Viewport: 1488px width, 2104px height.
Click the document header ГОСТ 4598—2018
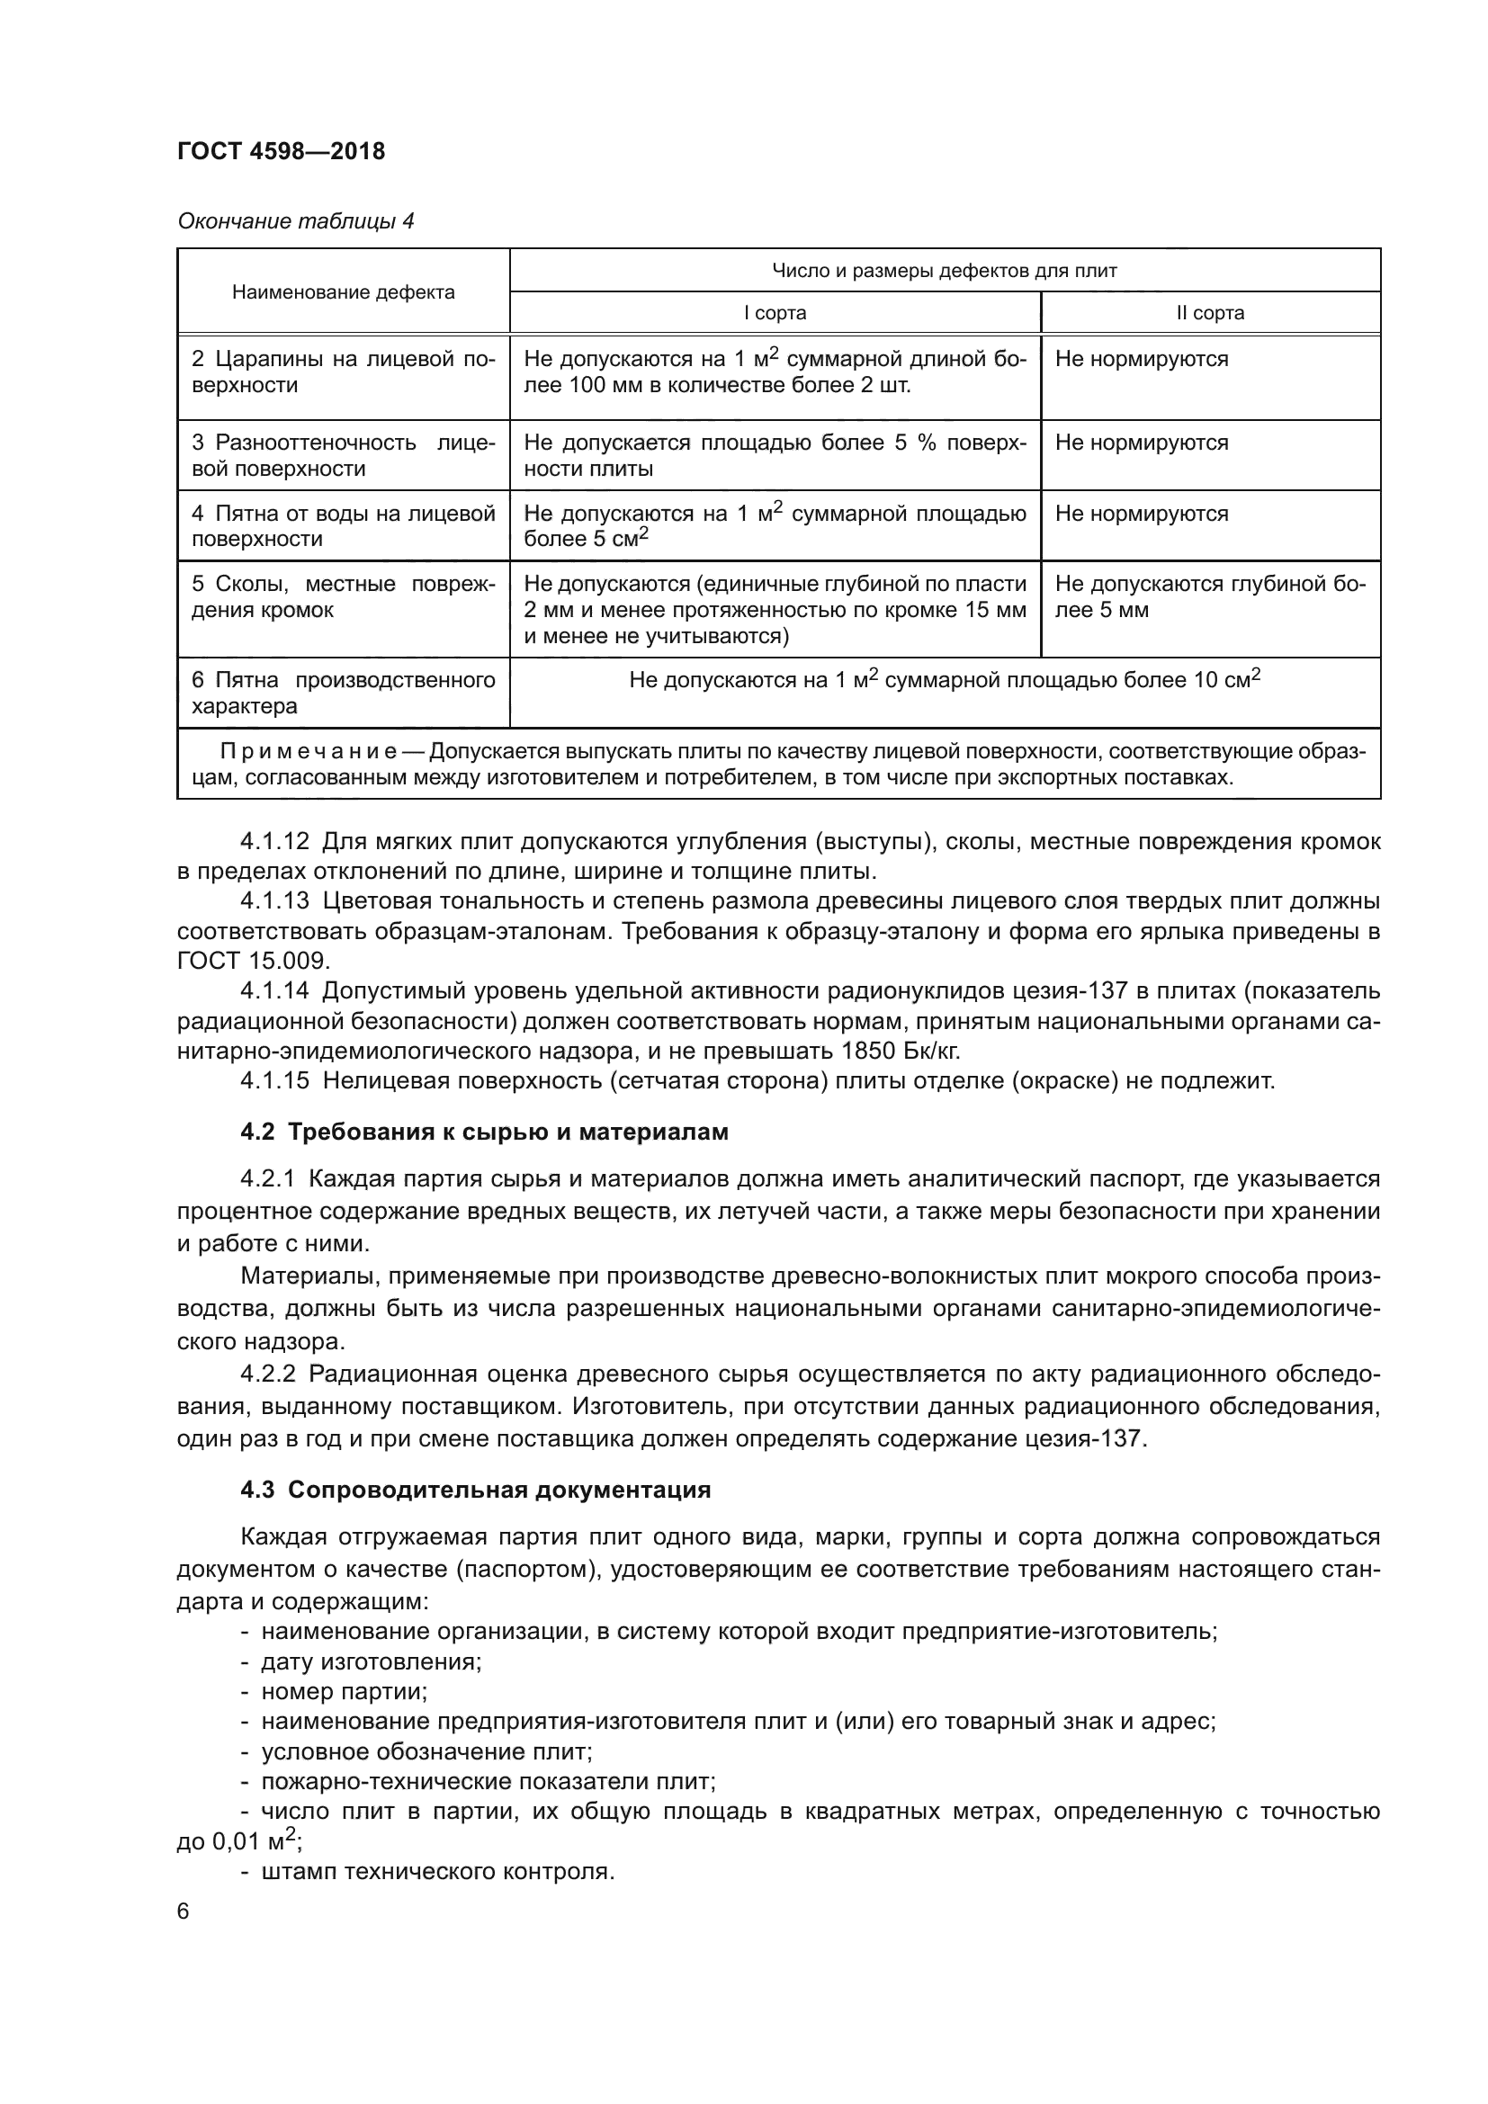point(281,151)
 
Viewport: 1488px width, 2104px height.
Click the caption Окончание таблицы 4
point(295,221)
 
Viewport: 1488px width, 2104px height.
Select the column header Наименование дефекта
point(343,292)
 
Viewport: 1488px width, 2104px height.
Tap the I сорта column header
point(775,312)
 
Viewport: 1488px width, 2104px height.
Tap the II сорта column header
point(1209,312)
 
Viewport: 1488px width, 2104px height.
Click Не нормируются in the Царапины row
point(1141,359)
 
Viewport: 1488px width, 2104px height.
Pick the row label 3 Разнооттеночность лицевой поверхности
point(343,455)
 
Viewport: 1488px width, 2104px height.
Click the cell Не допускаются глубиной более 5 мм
point(1209,596)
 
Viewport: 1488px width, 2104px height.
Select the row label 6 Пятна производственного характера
point(343,693)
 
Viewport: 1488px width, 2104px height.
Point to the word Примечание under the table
point(308,752)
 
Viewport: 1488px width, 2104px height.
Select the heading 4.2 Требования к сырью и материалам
point(484,1132)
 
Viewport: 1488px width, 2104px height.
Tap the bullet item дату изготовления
point(370,1661)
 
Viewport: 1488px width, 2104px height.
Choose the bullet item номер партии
point(344,1692)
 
